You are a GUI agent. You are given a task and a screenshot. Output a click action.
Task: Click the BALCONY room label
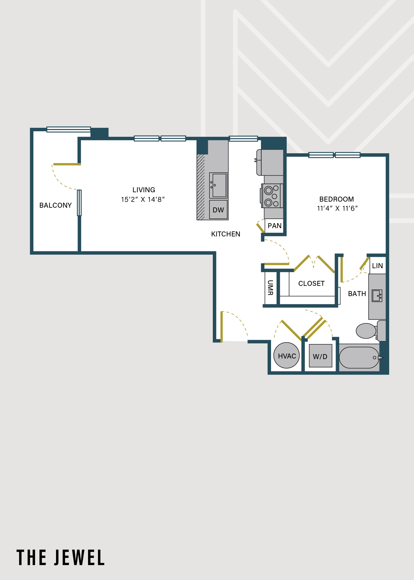click(55, 205)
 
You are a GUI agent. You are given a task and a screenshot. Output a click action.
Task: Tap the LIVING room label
click(144, 190)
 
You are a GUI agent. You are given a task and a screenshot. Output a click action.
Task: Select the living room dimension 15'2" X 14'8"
click(143, 199)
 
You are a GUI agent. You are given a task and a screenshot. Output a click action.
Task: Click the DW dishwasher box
click(218, 210)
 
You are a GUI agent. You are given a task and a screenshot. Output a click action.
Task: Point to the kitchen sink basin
click(218, 185)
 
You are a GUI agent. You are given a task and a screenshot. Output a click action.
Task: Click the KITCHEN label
click(226, 234)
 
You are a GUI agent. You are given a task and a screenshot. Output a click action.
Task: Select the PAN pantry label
click(275, 226)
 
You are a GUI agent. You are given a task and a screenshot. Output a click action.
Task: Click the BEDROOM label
click(336, 199)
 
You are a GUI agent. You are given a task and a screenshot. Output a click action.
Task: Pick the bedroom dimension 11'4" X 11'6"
click(337, 208)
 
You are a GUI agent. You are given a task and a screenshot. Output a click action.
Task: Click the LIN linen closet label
click(378, 266)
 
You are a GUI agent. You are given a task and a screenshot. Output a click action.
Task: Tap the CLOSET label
click(311, 283)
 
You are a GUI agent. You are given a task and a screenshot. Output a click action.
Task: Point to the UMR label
click(270, 288)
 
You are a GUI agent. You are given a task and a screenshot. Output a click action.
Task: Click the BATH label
click(357, 294)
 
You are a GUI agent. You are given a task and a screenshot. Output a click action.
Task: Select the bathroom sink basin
click(377, 296)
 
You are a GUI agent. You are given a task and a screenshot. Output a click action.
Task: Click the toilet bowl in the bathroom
click(366, 331)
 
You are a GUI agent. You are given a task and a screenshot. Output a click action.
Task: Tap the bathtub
click(359, 358)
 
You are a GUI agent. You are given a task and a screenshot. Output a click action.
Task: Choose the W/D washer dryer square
click(320, 356)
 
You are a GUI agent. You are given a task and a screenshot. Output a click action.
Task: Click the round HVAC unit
click(286, 355)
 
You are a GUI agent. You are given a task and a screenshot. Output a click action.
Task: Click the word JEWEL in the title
click(79, 558)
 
